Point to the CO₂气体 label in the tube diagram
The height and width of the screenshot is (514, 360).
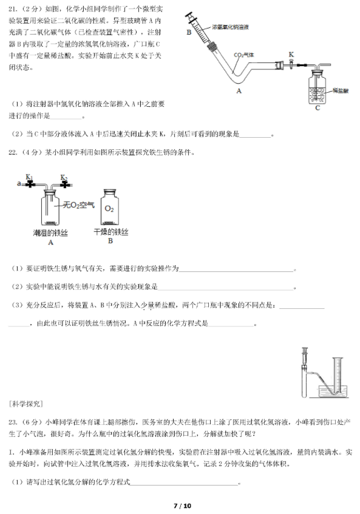(246, 55)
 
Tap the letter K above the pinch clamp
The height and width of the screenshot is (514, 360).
(291, 54)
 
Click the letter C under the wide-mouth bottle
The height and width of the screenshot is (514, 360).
(318, 109)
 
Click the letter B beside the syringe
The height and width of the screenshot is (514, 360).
(189, 32)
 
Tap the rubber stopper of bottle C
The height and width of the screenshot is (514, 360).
(318, 73)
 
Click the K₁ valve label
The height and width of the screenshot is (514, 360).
(29, 177)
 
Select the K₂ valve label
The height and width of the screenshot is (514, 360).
(63, 177)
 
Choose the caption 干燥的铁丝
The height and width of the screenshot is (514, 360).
(110, 232)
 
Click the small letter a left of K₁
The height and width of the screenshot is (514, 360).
(19, 182)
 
